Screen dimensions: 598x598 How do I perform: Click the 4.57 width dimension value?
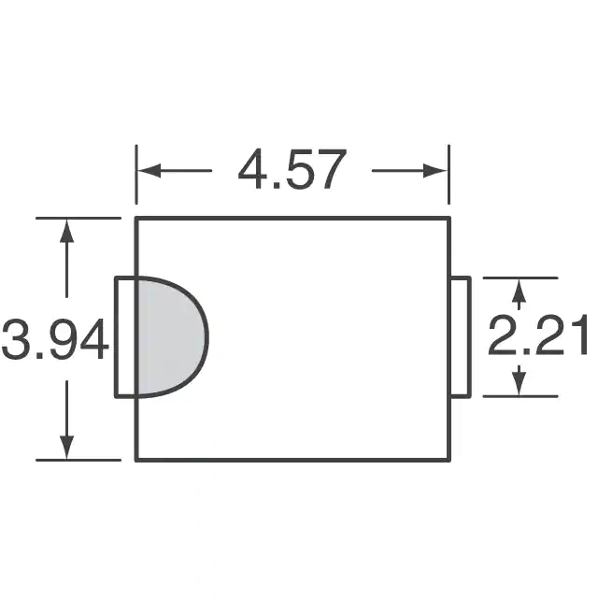[x=292, y=169]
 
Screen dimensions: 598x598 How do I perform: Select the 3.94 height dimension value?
[x=55, y=338]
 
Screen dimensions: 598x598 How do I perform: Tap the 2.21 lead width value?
[x=537, y=335]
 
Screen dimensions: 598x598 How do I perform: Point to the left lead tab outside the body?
[x=126, y=337]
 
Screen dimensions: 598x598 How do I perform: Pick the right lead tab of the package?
[x=461, y=337]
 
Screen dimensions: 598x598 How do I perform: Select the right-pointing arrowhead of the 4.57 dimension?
[x=435, y=170]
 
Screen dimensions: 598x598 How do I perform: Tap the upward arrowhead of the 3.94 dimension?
[x=67, y=231]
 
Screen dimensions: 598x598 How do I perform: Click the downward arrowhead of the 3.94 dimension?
[x=67, y=447]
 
